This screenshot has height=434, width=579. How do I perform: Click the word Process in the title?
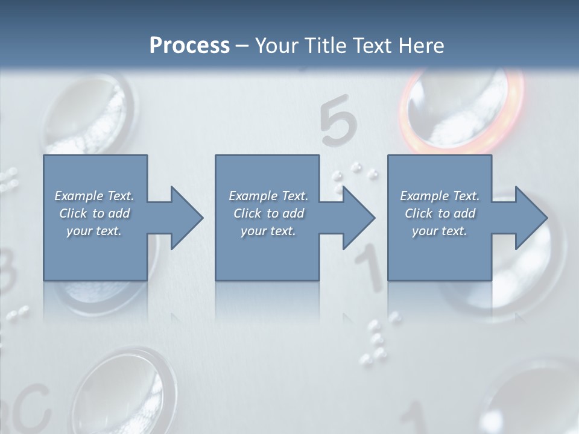(189, 46)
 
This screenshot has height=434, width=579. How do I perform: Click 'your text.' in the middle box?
(268, 231)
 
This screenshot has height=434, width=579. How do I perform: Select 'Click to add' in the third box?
(440, 213)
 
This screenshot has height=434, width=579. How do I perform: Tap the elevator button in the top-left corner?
(90, 115)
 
